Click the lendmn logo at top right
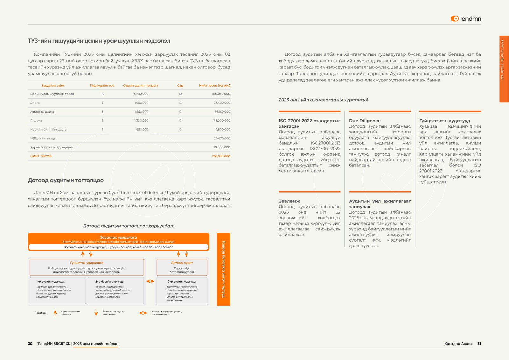click(x=466, y=19)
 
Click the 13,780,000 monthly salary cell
click(x=140, y=94)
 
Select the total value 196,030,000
click(x=221, y=156)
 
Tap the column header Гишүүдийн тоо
click(x=102, y=86)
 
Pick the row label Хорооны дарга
click(x=42, y=112)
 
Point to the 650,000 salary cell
click(x=142, y=130)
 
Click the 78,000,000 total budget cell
click(x=222, y=121)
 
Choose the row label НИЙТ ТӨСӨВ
click(x=41, y=156)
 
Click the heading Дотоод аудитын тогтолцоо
click(x=66, y=180)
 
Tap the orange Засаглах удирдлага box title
click(x=118, y=237)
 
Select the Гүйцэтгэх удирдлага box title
click(x=87, y=263)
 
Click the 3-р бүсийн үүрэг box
click(x=182, y=290)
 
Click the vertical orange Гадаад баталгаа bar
click(x=223, y=269)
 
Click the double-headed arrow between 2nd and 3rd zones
click(x=150, y=281)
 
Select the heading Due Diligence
click(x=365, y=121)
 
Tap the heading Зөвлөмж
click(x=289, y=201)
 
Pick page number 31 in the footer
click(x=479, y=344)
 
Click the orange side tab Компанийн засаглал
click(x=504, y=69)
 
